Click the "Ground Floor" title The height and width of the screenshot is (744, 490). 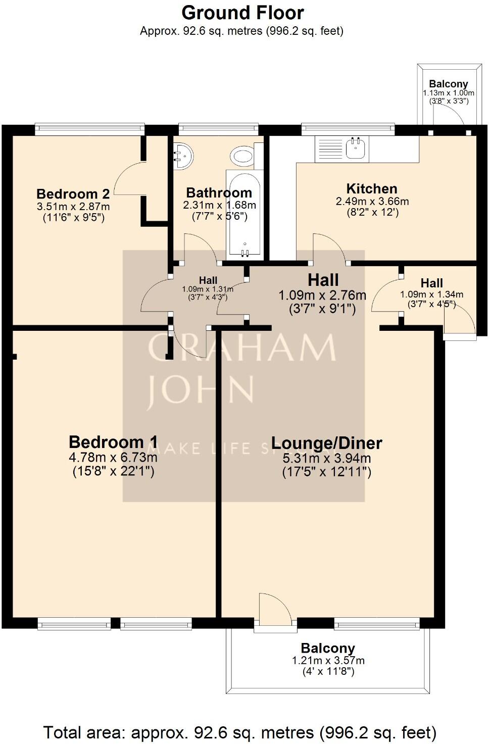(242, 12)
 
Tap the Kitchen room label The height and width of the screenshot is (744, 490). (371, 189)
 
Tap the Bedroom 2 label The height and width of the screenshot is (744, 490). (73, 194)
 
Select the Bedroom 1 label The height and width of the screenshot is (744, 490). (113, 442)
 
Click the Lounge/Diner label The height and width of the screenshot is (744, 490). (326, 443)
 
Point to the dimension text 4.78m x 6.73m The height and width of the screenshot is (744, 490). (113, 458)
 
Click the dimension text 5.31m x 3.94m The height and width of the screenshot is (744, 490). (327, 459)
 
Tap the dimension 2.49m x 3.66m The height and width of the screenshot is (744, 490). (372, 202)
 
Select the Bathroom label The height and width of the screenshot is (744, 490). (219, 193)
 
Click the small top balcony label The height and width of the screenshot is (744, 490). (448, 84)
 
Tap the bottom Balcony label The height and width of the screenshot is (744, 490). (328, 649)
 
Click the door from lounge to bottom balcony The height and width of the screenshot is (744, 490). (275, 611)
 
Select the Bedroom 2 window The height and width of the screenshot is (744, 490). (90, 129)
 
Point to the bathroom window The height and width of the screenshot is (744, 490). (218, 129)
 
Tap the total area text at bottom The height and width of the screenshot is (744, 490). (239, 732)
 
